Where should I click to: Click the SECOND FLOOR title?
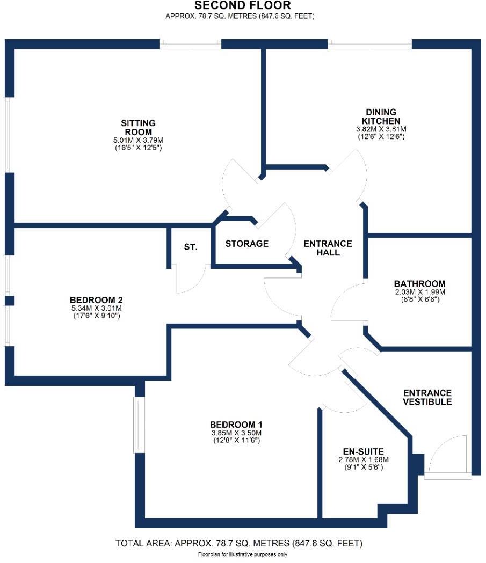point(243,6)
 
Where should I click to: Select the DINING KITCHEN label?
point(381,116)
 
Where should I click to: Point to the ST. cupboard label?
point(191,247)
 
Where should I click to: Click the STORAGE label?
point(246,244)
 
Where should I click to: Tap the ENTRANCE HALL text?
point(328,248)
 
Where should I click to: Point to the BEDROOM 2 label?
point(97,299)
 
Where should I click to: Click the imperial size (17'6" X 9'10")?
point(97,316)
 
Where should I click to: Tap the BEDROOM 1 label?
point(237,425)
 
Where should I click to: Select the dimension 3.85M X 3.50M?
point(237,433)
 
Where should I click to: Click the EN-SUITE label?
point(363,451)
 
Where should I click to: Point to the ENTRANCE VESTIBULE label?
point(427,397)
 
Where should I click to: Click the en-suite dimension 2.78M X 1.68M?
point(363,459)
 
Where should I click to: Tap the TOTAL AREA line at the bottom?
point(239,544)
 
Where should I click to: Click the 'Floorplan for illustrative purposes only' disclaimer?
point(243,554)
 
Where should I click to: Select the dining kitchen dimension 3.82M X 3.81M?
point(381,129)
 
